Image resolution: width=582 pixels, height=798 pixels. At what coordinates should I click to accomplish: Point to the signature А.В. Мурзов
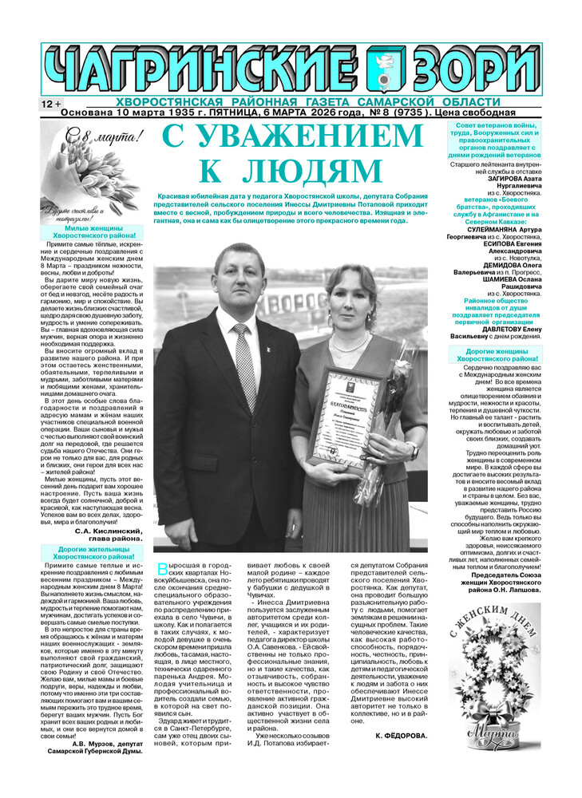coord(104,743)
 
